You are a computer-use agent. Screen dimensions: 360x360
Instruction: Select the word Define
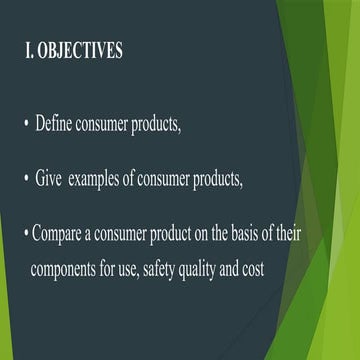[58, 125]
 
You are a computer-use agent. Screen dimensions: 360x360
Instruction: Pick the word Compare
[62, 236]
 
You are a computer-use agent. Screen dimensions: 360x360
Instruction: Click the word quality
[225, 271]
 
